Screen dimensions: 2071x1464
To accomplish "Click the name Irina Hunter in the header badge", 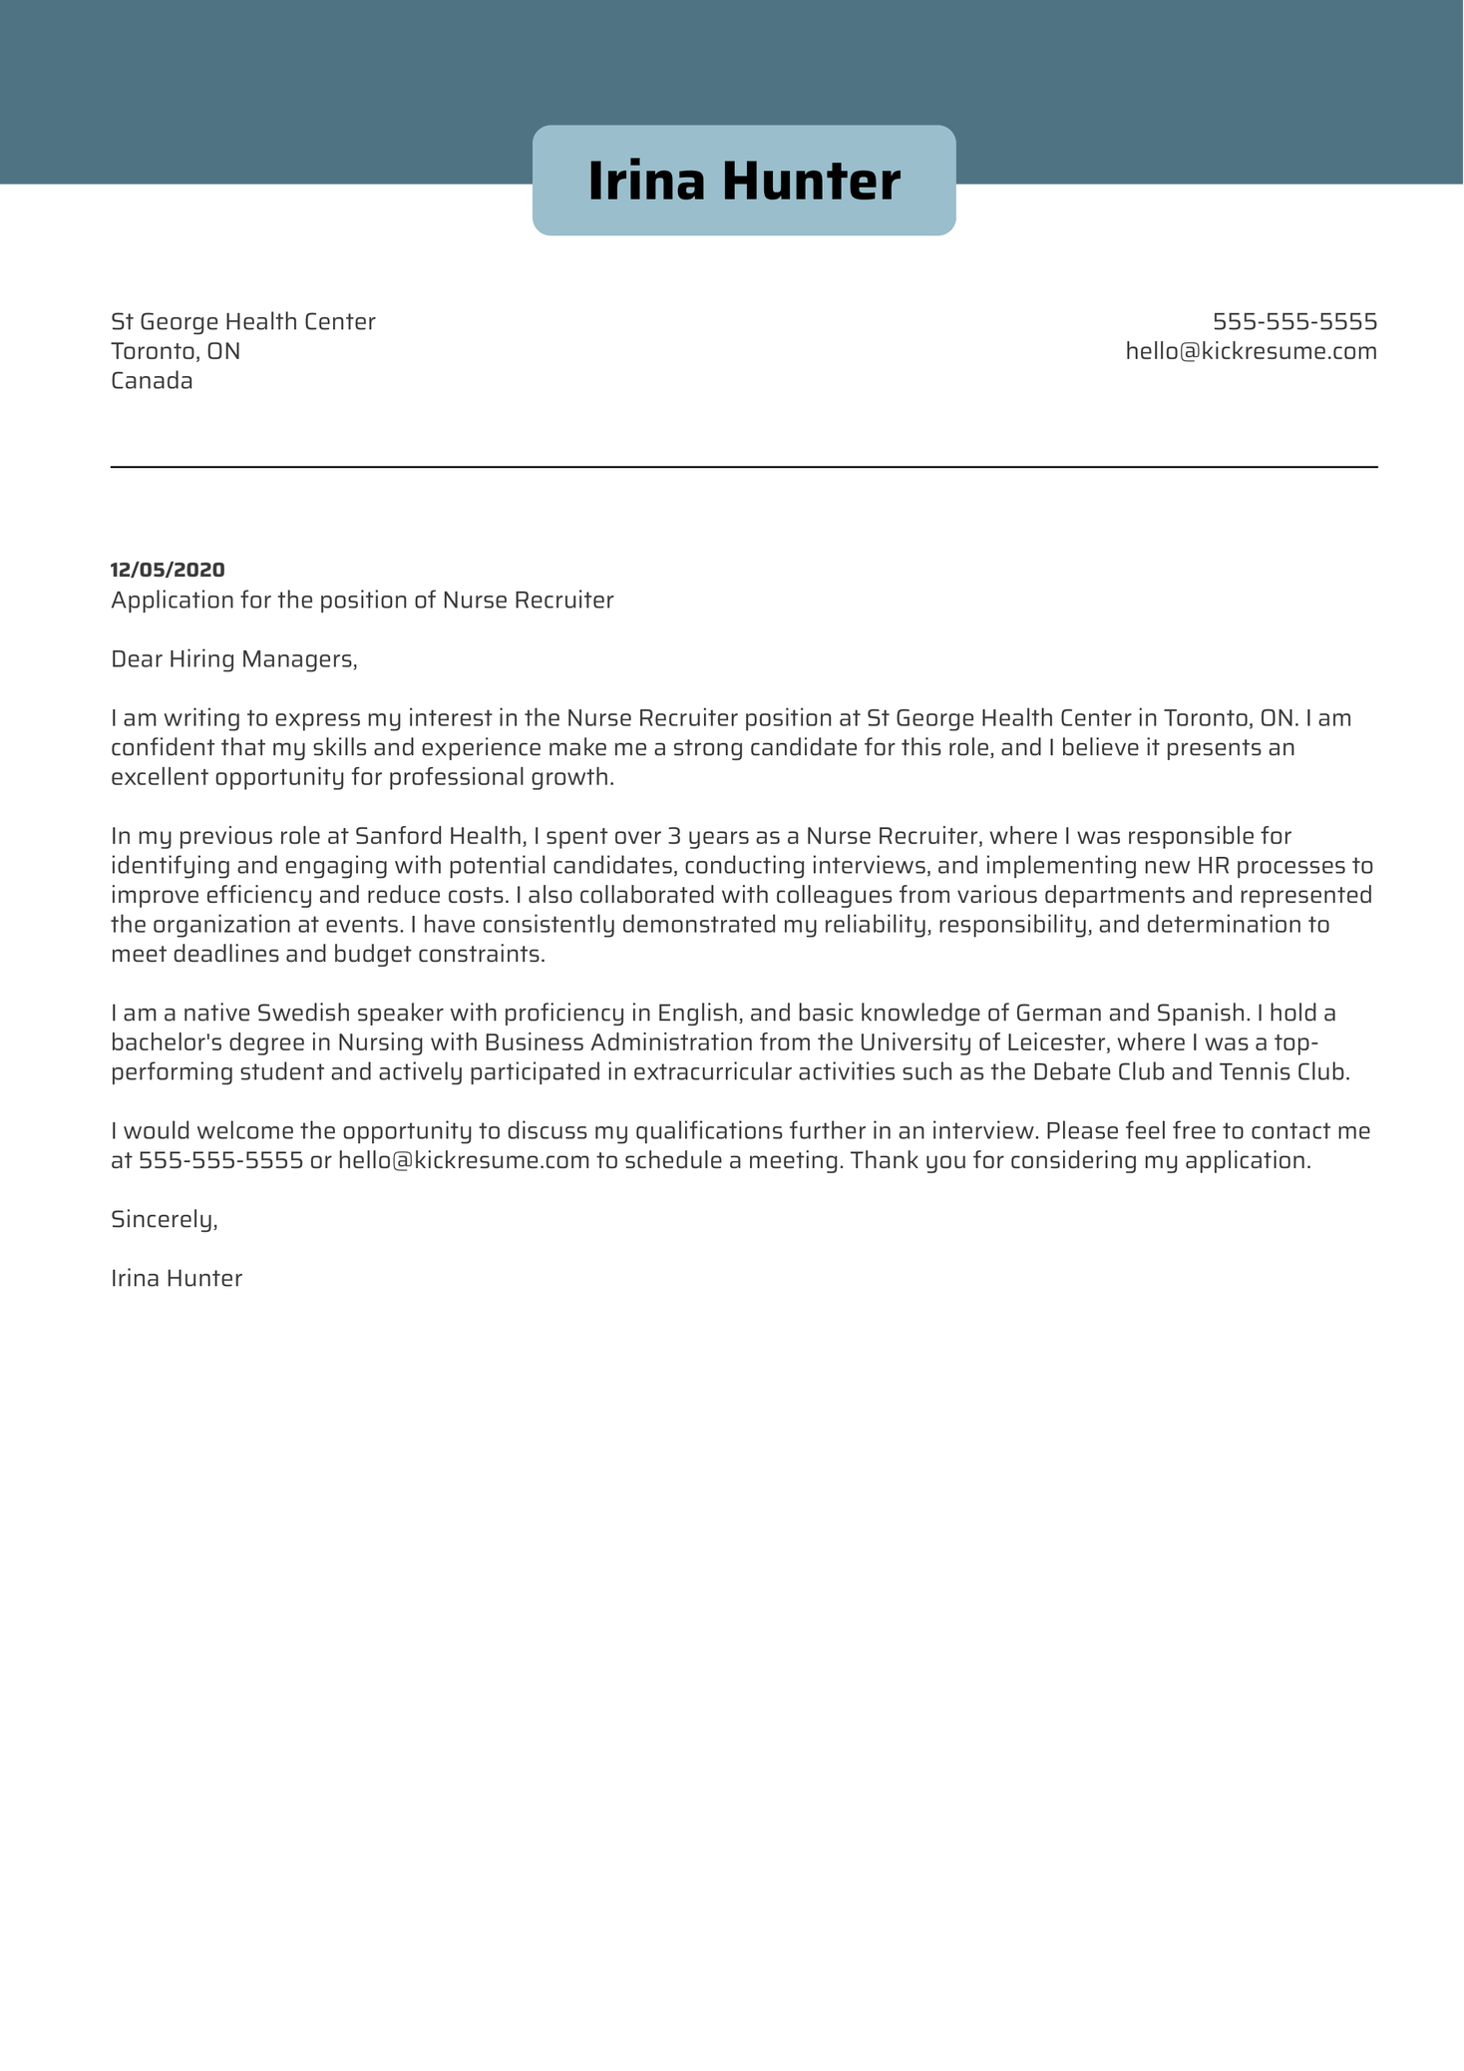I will pyautogui.click(x=743, y=182).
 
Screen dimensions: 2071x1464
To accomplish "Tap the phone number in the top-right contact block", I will pyautogui.click(x=1293, y=322).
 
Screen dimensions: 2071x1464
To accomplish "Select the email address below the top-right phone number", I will pyautogui.click(x=1251, y=351).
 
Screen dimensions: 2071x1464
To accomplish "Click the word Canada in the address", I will pyautogui.click(x=152, y=381).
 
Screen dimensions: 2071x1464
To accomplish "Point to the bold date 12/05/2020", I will pyautogui.click(x=168, y=570).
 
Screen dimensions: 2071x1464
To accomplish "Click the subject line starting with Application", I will pyautogui.click(x=362, y=601).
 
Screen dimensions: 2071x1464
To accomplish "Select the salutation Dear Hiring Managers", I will pyautogui.click(x=233, y=659).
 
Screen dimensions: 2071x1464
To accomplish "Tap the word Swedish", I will pyautogui.click(x=303, y=1014).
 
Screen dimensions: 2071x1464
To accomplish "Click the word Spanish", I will pyautogui.click(x=1201, y=1014).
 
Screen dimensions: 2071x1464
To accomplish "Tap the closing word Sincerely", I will pyautogui.click(x=164, y=1220).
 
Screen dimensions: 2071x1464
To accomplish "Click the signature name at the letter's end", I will pyautogui.click(x=177, y=1279).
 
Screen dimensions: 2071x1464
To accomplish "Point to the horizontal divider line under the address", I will pyautogui.click(x=743, y=467).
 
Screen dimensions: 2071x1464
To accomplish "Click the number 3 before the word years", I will pyautogui.click(x=674, y=836).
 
